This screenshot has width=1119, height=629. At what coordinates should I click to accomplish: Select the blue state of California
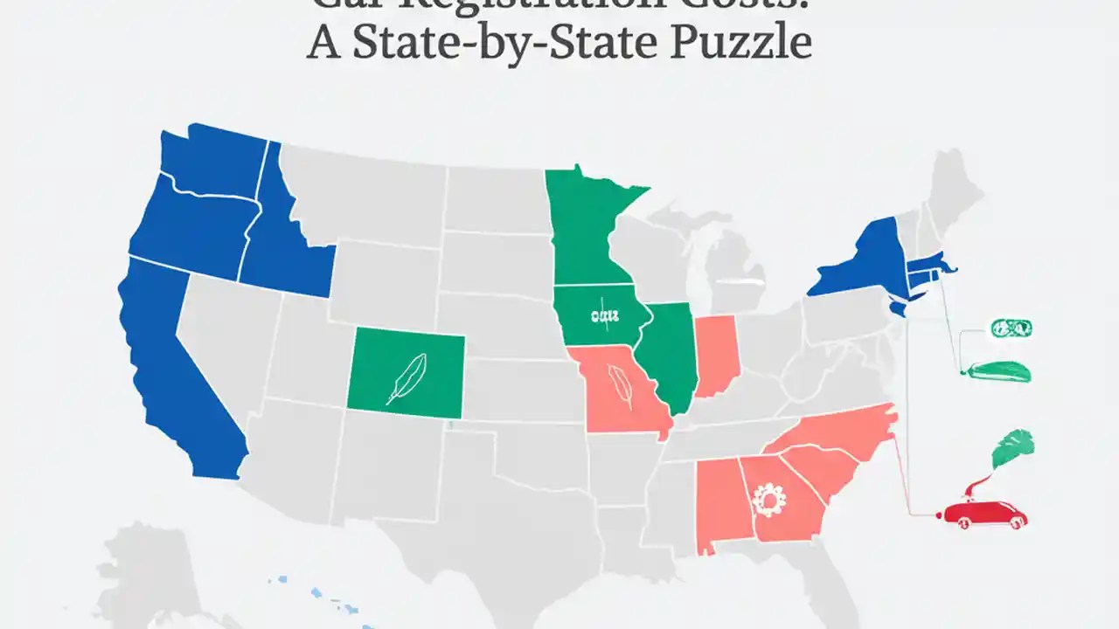pos(175,367)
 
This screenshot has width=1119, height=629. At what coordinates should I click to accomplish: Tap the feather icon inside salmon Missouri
pos(622,385)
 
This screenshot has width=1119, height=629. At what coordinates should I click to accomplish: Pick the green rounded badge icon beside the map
pos(1011,328)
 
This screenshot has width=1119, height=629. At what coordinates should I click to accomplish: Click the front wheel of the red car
pos(965,523)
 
